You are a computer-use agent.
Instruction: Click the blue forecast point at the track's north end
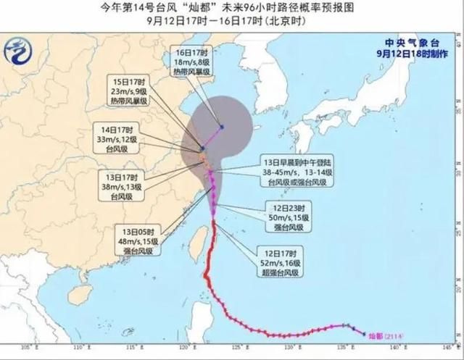pyautogui.click(x=222, y=127)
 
